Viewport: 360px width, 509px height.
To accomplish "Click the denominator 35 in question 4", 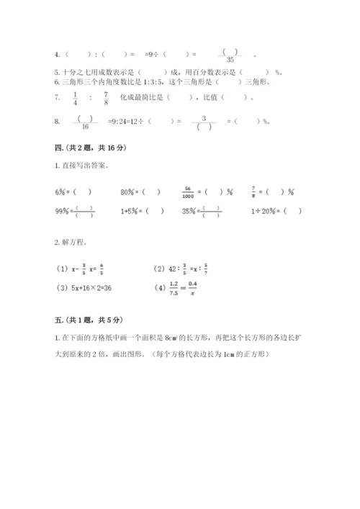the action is tap(230, 60).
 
